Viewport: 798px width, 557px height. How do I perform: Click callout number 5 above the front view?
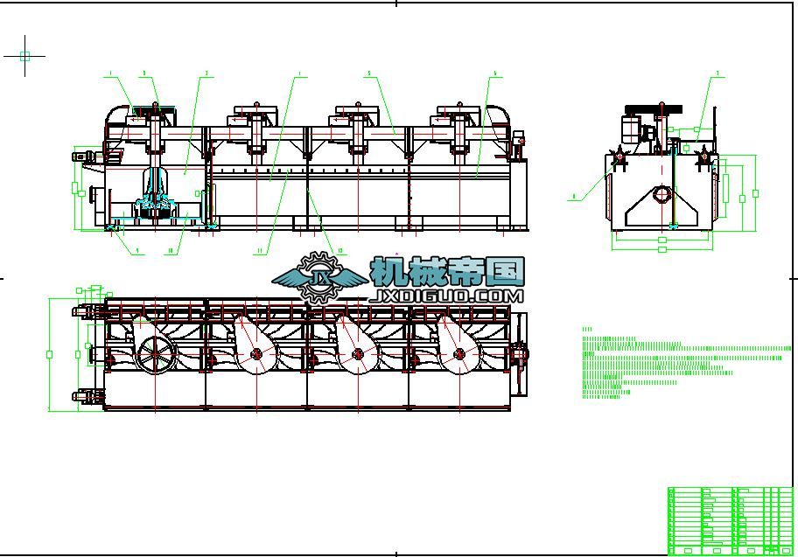coord(368,73)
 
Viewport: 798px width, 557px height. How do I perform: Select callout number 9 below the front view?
coord(137,251)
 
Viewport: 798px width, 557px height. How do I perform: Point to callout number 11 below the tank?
coord(259,251)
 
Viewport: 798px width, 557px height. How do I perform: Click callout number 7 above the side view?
coord(717,73)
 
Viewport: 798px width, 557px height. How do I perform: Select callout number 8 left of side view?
coord(574,198)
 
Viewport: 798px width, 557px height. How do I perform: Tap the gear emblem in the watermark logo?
coord(317,276)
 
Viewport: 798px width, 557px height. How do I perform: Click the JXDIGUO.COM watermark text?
coord(447,296)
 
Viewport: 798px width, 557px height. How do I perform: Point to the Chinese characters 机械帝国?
coord(447,272)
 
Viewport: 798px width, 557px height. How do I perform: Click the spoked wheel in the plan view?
coord(155,353)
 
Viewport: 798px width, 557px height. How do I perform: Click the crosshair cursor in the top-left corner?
coord(24,56)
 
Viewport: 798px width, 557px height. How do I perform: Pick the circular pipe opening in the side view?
coord(663,193)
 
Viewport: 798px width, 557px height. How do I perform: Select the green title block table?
coord(730,520)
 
